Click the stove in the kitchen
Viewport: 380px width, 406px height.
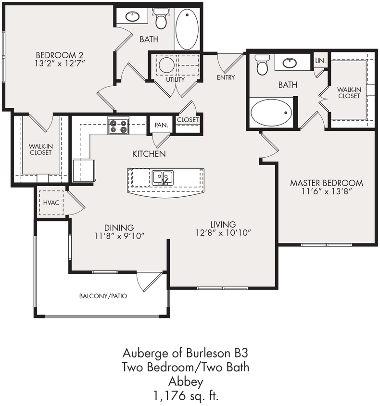point(118,126)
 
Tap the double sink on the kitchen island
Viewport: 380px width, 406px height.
point(163,178)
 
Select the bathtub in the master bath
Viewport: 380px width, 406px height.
point(271,113)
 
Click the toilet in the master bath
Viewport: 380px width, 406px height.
point(262,65)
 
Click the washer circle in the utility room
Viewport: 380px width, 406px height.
point(167,65)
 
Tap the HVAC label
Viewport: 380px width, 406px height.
point(51,203)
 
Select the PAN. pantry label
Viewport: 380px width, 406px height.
point(161,125)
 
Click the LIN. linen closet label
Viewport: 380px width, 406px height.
point(320,61)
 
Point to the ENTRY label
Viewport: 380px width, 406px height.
point(226,77)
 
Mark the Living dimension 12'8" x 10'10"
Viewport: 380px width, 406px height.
point(223,233)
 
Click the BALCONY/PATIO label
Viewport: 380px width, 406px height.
point(103,296)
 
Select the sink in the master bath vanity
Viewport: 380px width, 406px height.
point(290,63)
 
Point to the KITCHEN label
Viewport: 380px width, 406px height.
point(149,154)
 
